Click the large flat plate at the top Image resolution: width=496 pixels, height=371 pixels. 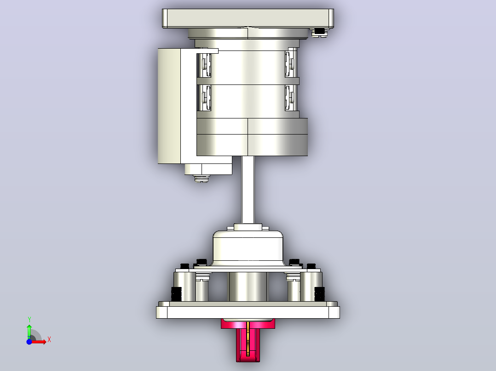(248, 18)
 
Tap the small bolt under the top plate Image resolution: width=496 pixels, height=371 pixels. (320, 32)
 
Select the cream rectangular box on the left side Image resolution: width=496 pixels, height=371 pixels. (169, 106)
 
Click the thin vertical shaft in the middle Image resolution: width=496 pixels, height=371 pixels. (248, 190)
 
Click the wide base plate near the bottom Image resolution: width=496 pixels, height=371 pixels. (248, 310)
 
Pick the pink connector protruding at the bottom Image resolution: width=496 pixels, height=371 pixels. (248, 340)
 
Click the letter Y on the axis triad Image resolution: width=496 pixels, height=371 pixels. (29, 320)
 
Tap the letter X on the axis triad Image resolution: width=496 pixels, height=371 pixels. (49, 340)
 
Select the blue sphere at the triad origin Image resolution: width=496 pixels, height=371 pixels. (29, 342)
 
